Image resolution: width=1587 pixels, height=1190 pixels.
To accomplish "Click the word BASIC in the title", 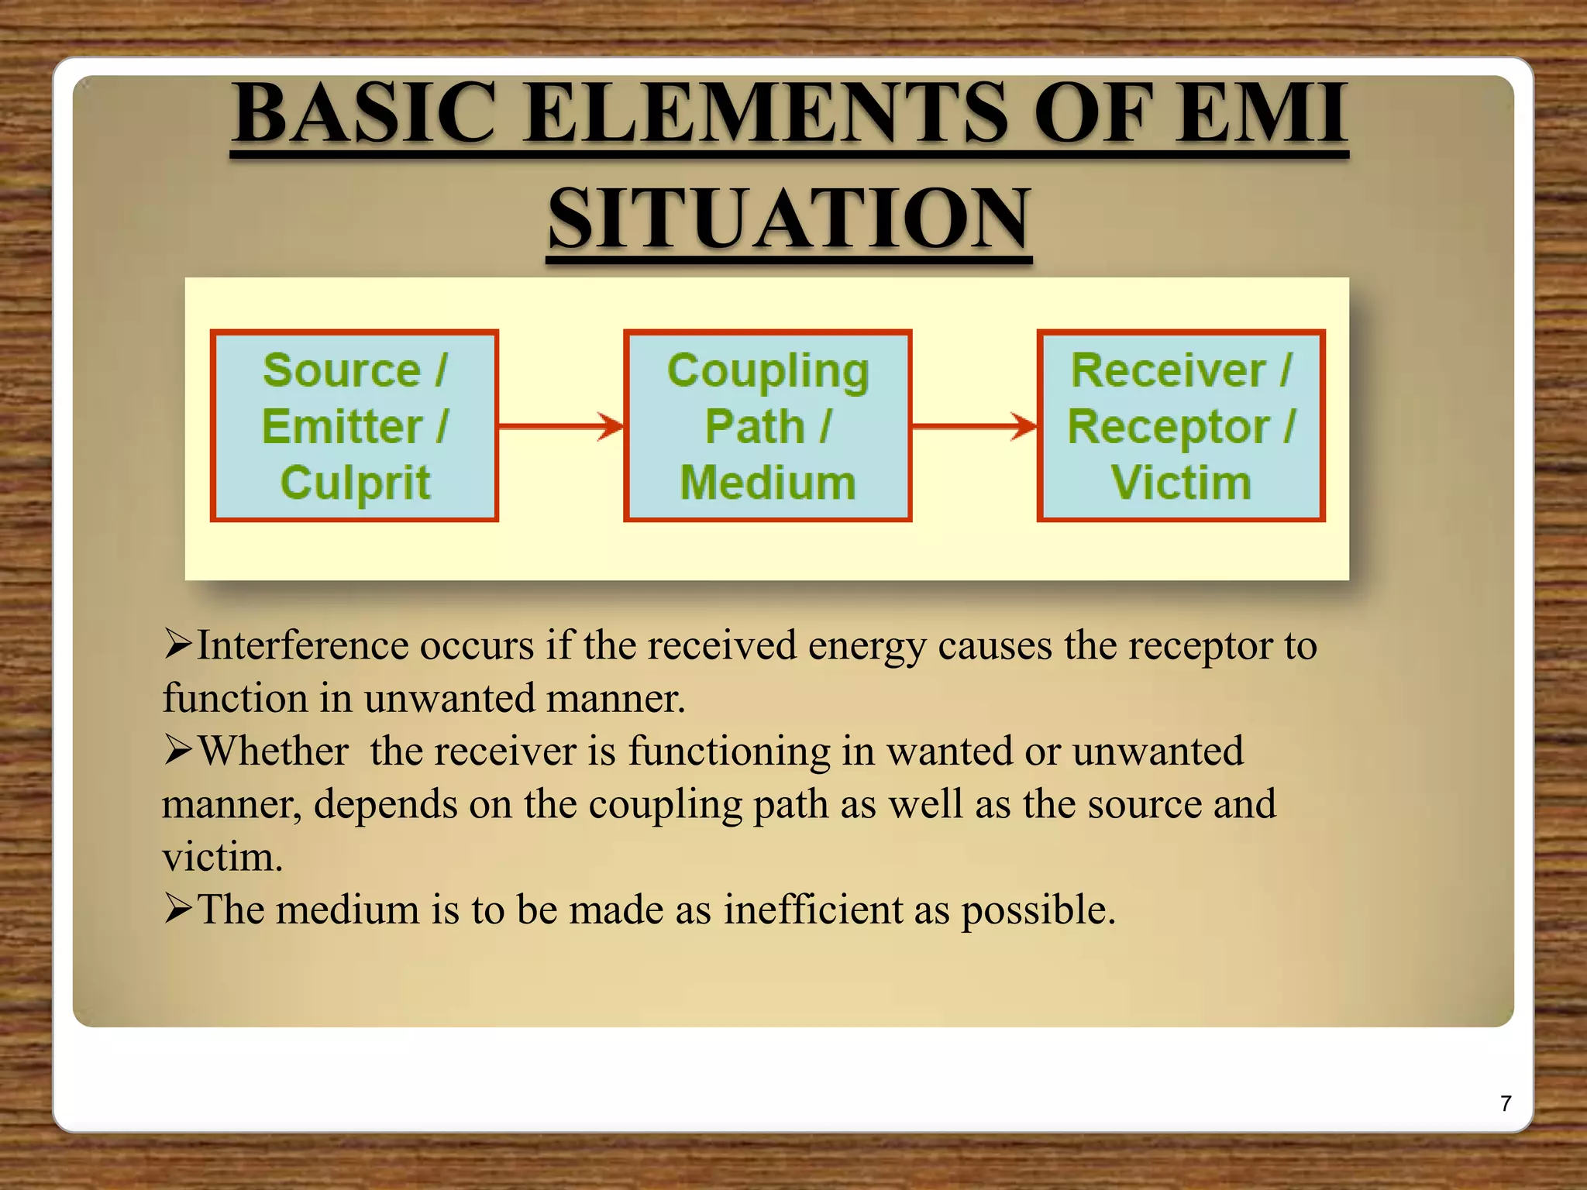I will pos(365,114).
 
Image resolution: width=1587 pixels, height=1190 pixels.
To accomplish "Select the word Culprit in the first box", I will pos(355,483).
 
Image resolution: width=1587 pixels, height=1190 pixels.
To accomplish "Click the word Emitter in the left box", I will pos(342,427).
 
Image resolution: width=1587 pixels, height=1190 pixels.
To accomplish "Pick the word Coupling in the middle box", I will pos(768,371).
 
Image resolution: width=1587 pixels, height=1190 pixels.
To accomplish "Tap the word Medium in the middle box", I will pos(768,483).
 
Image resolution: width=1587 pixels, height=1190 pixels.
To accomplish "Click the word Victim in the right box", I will pos(1181,483).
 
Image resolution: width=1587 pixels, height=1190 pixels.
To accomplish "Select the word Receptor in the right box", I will pos(1169,427).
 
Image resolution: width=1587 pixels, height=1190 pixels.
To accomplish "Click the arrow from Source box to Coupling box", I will pos(561,425).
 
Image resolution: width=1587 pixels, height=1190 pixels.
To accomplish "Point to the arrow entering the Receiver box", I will pos(974,425).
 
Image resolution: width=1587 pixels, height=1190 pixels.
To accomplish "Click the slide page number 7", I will pos(1506,1103).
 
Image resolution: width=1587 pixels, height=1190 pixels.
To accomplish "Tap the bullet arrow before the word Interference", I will pos(177,645).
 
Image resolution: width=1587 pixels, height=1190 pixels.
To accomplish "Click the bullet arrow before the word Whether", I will pos(177,750).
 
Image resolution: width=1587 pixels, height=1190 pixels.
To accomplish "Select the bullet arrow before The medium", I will pos(177,909).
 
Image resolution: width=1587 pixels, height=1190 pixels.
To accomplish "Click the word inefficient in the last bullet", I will pos(813,909).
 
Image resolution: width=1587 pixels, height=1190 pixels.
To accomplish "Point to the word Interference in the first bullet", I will pos(302,645).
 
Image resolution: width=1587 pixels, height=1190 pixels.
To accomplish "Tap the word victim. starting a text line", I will pos(222,858).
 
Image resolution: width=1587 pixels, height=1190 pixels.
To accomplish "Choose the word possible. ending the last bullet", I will pos(1038,910).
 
